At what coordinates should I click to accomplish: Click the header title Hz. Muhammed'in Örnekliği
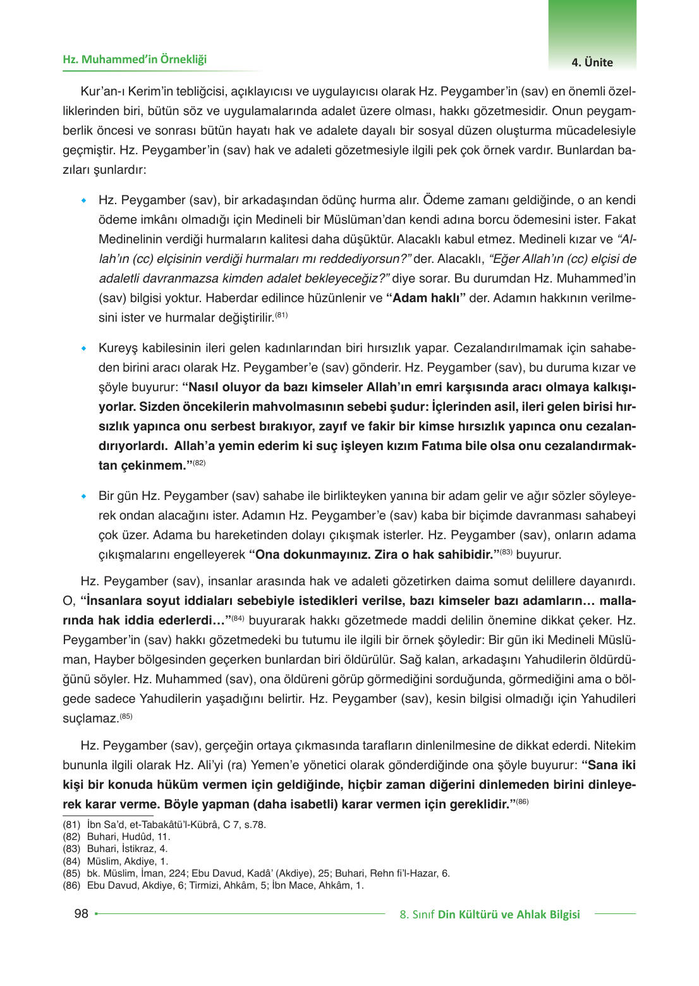[x=135, y=59]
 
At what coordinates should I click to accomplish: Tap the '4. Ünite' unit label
[x=592, y=62]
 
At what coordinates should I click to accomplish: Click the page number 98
[x=82, y=913]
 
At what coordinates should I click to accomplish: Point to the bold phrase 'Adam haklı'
[x=425, y=298]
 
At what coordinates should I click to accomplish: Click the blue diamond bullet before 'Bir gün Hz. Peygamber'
[x=83, y=497]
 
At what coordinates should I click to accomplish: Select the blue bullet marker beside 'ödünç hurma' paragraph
[x=83, y=201]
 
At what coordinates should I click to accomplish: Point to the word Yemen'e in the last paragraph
[x=272, y=765]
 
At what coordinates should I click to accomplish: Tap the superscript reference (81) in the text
[x=281, y=315]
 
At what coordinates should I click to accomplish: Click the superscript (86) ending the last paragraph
[x=522, y=801]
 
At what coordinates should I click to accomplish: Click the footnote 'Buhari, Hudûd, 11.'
[x=128, y=837]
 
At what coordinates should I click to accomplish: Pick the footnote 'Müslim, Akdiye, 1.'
[x=127, y=861]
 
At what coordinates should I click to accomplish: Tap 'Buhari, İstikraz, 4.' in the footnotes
[x=127, y=849]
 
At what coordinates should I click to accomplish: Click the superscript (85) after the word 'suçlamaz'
[x=126, y=715]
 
